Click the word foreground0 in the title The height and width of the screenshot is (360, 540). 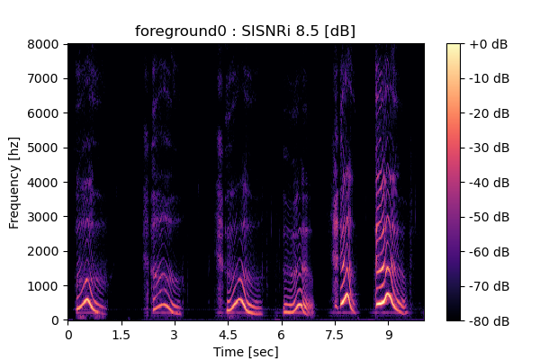click(181, 31)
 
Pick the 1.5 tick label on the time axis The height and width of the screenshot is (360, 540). click(121, 335)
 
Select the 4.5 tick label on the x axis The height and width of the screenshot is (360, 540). click(228, 335)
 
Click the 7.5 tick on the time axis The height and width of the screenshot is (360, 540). click(335, 335)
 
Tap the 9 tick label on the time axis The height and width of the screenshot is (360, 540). click(389, 335)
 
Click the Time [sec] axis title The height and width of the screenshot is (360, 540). click(246, 352)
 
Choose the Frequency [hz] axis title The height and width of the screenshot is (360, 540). click(14, 183)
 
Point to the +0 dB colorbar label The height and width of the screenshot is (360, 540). click(489, 44)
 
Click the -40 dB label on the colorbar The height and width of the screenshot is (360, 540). click(490, 183)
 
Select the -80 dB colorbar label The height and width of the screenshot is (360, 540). click(490, 321)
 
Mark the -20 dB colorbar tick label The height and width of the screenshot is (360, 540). click(490, 113)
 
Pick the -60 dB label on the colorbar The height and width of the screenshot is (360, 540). click(490, 252)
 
